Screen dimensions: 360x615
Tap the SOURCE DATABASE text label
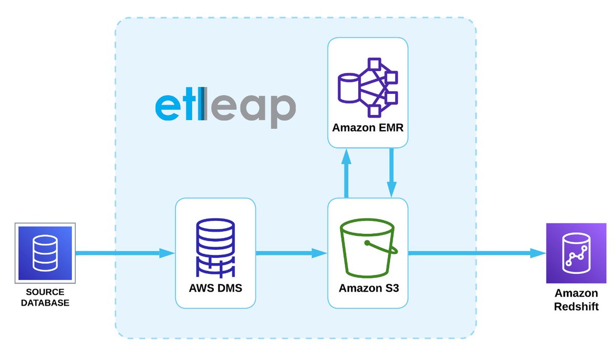click(x=45, y=298)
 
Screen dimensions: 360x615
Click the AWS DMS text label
click(x=215, y=288)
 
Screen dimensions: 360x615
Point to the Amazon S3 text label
click(x=368, y=288)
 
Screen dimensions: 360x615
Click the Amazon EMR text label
click(x=367, y=128)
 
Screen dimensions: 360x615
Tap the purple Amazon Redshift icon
click(x=576, y=253)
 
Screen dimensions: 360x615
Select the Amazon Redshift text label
click(x=576, y=300)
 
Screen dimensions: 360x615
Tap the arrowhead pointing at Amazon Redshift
click(x=538, y=253)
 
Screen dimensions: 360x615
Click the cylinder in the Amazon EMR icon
click(x=348, y=88)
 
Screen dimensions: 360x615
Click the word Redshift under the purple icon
click(x=576, y=306)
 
